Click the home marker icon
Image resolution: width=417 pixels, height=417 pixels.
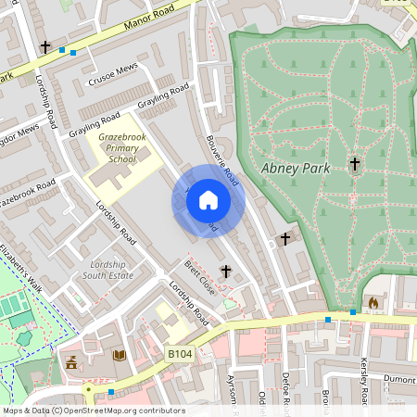click(x=208, y=200)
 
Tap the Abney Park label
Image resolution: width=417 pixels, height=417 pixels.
click(x=294, y=168)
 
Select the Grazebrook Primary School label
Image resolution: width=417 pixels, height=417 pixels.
click(x=116, y=147)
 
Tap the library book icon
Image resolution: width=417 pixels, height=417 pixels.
click(x=119, y=356)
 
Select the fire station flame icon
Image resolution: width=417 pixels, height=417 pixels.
click(x=373, y=302)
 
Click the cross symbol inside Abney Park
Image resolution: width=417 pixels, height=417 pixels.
click(x=354, y=165)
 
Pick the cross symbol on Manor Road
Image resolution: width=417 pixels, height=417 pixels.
click(x=44, y=46)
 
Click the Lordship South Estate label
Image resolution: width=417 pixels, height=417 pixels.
click(x=109, y=270)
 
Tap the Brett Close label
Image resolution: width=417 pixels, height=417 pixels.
click(x=199, y=278)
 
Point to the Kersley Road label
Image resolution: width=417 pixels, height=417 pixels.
click(x=364, y=382)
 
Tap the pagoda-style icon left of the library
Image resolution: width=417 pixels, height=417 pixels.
click(x=69, y=359)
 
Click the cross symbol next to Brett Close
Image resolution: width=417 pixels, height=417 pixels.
click(x=225, y=271)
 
